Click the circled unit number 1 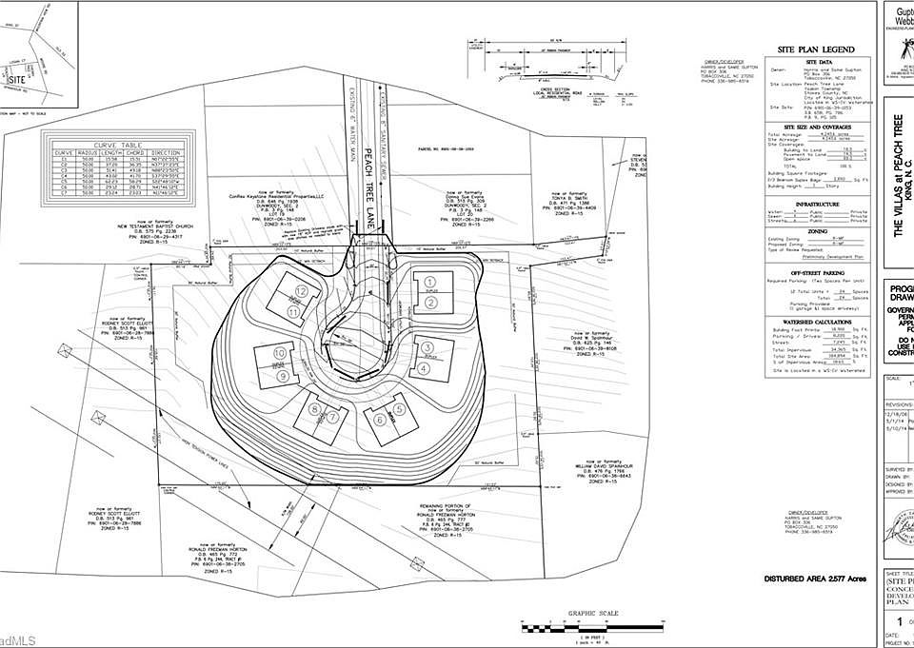pos(430,282)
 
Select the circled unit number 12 pos(301,291)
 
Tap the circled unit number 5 pos(400,408)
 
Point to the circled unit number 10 pos(280,353)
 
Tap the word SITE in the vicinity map pos(16,81)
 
